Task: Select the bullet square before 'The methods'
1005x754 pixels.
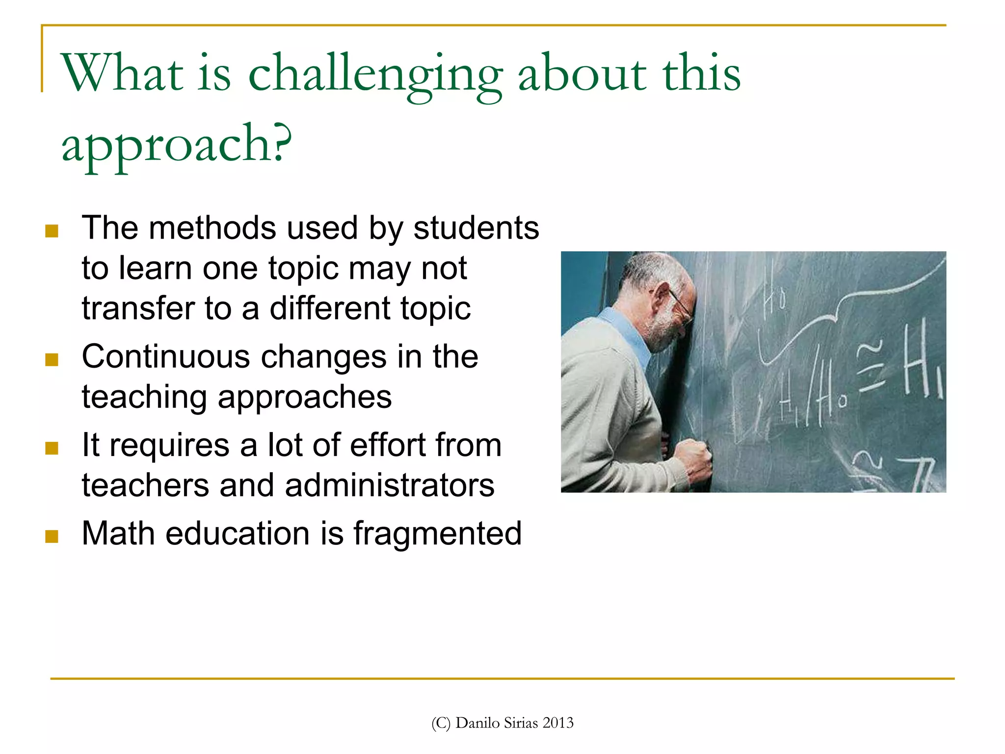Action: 52,231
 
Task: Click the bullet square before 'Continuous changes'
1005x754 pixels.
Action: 52,360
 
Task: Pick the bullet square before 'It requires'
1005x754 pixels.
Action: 52,448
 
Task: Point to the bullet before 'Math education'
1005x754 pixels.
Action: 52,536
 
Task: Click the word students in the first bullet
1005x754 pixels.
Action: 476,228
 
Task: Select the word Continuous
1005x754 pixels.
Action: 166,356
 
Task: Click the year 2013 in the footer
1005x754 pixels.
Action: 558,723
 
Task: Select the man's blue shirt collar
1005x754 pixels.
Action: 628,334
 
